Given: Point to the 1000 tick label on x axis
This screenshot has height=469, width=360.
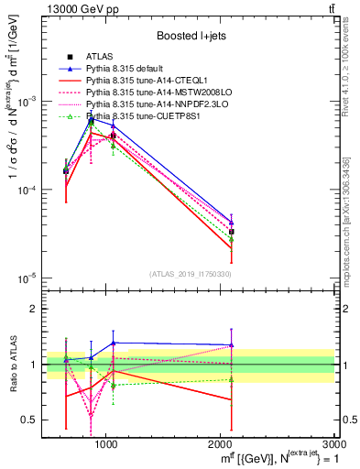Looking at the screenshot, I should [x=106, y=443].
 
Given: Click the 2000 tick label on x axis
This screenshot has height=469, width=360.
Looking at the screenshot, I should [x=221, y=443].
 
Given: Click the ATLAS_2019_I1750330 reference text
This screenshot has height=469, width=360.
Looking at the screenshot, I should [x=191, y=273].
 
